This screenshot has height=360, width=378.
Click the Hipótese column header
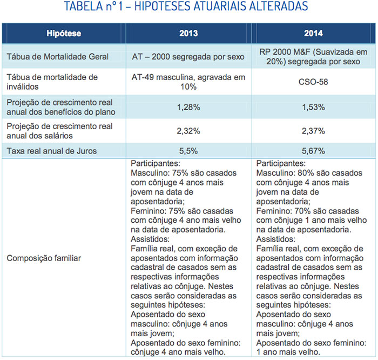63,34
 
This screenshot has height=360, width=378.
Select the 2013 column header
188,34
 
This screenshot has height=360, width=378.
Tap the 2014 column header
313,34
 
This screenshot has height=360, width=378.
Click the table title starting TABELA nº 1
188,7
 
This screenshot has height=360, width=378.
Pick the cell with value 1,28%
188,107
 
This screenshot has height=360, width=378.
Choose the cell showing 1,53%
313,107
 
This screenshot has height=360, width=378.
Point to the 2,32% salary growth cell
188,131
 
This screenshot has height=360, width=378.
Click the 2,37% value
313,131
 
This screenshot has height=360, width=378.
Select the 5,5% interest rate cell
188,151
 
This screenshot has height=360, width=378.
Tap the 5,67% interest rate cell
313,151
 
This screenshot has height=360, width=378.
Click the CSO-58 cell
313,83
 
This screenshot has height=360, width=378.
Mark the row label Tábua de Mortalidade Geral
58,57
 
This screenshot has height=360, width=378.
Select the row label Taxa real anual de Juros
52,151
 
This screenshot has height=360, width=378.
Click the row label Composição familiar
44,258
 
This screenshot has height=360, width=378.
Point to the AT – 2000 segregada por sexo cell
188,57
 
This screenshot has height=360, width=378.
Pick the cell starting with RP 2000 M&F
313,57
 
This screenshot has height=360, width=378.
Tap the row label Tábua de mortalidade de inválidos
52,82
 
